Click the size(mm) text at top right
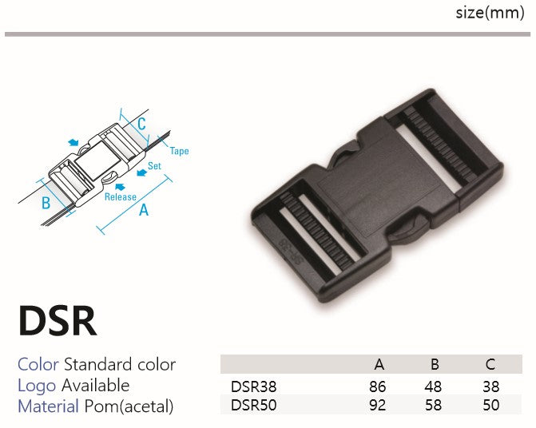click(x=490, y=14)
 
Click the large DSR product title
click(x=58, y=321)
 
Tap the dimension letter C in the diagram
click(x=142, y=124)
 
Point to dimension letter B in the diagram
click(x=46, y=203)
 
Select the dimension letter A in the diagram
click(x=144, y=210)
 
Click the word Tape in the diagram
click(x=180, y=151)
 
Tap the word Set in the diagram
click(x=154, y=166)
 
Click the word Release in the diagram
click(x=121, y=196)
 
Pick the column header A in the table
click(x=379, y=364)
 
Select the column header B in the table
click(x=435, y=364)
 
